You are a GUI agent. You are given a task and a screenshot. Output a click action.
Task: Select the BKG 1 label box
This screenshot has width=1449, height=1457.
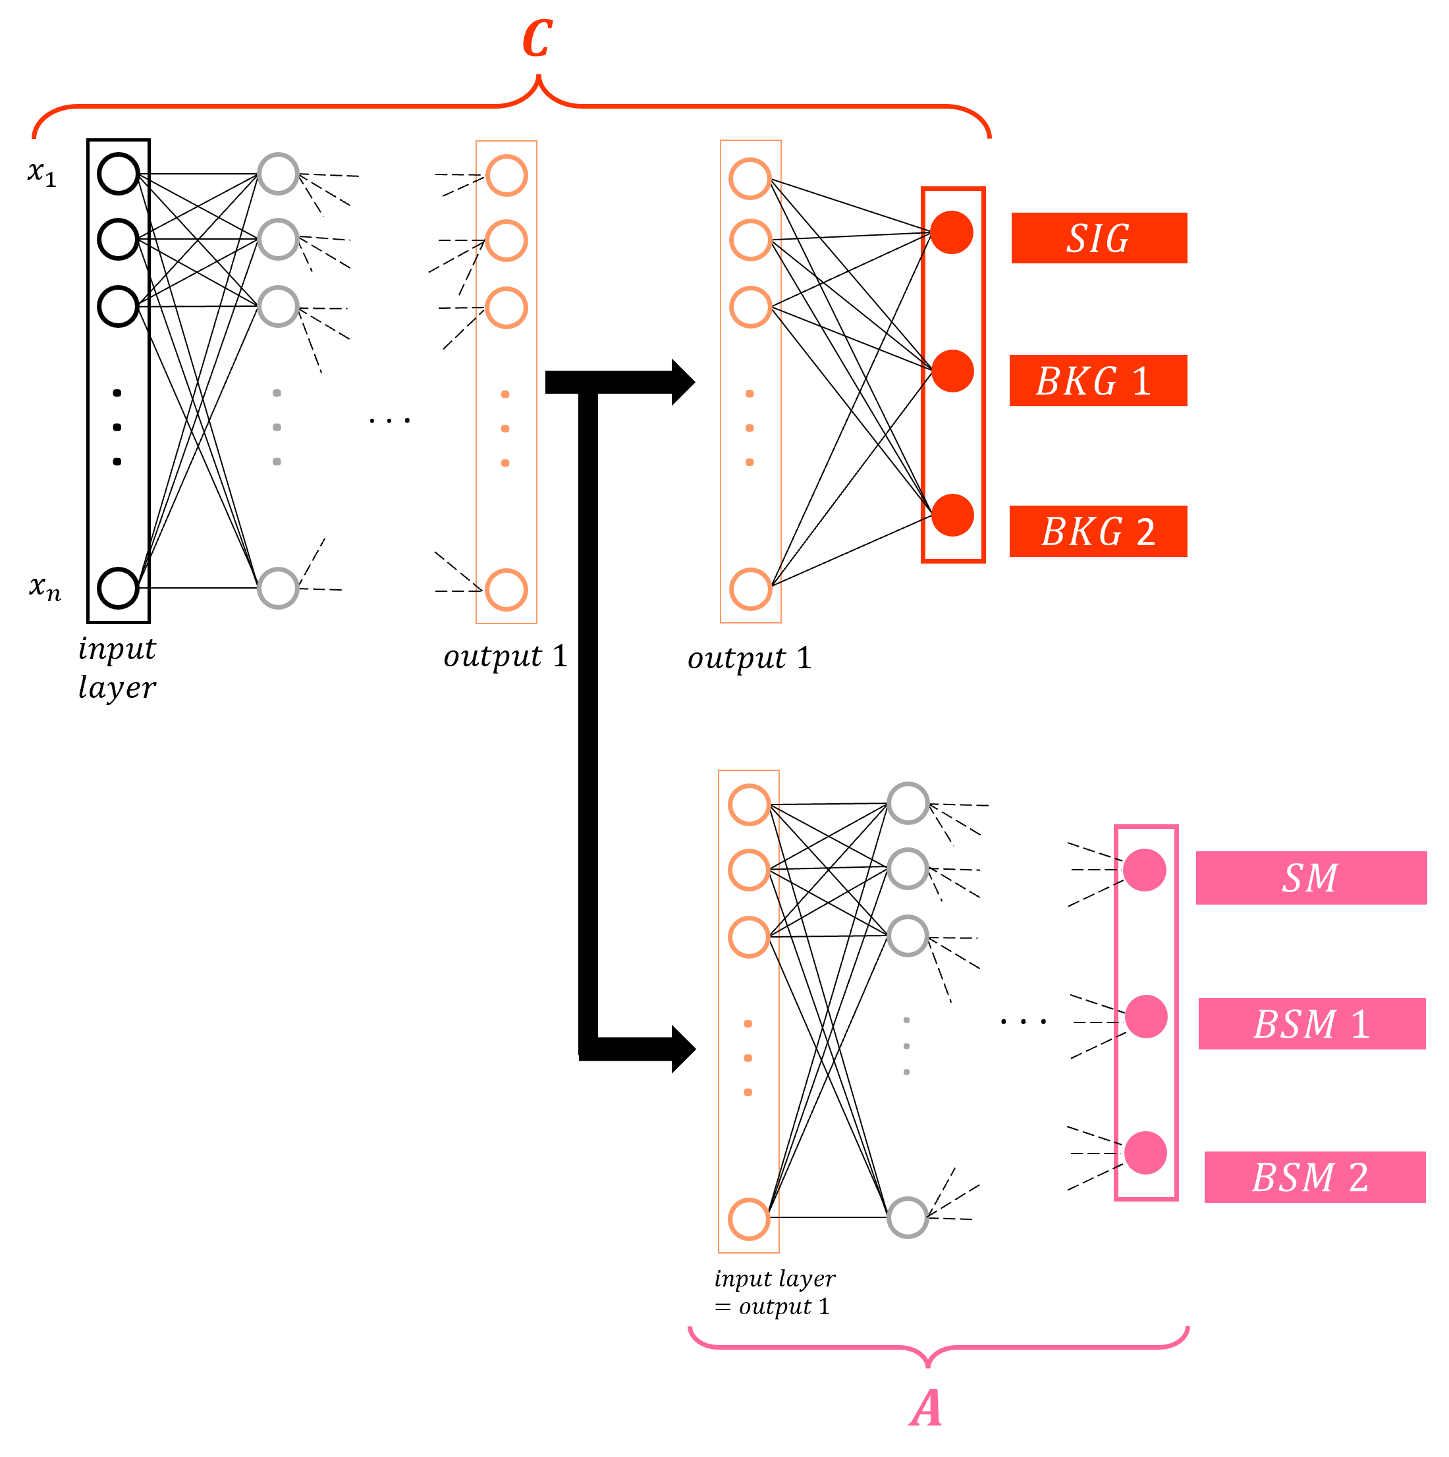click(x=1097, y=381)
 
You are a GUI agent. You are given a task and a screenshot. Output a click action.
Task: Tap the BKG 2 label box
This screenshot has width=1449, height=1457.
click(x=1097, y=532)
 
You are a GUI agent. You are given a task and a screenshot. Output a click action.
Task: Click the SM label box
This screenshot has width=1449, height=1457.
click(x=1311, y=878)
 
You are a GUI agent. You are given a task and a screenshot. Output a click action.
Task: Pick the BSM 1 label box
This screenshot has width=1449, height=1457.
click(x=1312, y=1024)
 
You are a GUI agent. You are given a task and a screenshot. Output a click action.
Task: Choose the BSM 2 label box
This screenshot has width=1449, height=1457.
click(x=1314, y=1177)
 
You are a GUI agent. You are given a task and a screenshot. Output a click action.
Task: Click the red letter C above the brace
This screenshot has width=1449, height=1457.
click(x=537, y=40)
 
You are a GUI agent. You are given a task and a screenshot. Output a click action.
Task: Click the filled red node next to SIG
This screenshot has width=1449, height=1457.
click(x=951, y=232)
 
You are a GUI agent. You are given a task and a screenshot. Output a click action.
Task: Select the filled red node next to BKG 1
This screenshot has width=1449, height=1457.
click(x=952, y=371)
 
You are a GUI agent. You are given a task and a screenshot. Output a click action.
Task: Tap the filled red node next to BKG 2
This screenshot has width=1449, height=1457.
click(x=952, y=516)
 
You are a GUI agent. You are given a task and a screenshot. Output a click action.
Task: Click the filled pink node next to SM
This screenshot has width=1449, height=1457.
click(x=1144, y=870)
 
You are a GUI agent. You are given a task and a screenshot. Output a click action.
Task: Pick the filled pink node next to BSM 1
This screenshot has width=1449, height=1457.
click(x=1146, y=1017)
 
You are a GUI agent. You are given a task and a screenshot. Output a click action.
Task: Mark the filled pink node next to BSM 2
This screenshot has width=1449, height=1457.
click(x=1145, y=1153)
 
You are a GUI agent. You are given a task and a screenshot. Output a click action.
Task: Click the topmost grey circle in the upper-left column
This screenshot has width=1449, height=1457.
click(x=279, y=174)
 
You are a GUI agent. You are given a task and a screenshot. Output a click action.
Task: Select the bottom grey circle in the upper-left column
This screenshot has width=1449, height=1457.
click(x=279, y=588)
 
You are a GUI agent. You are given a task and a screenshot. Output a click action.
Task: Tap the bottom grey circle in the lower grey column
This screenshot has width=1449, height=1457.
click(x=908, y=1218)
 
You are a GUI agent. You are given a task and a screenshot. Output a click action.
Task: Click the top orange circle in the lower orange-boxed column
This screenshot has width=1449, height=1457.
click(x=749, y=805)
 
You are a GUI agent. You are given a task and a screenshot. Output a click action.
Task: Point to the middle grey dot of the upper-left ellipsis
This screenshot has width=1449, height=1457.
click(x=277, y=427)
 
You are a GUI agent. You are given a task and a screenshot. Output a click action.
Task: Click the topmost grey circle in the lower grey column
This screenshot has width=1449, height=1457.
click(x=908, y=803)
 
